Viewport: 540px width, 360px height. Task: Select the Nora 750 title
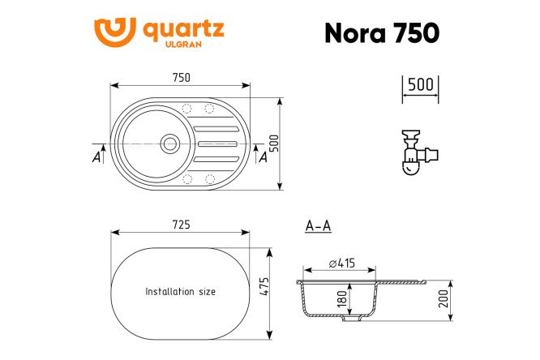click(x=381, y=32)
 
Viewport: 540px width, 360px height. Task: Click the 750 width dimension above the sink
click(x=181, y=78)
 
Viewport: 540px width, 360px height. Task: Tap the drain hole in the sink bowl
click(x=169, y=144)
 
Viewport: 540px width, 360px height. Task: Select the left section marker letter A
click(x=96, y=156)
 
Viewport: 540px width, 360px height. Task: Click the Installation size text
click(x=180, y=291)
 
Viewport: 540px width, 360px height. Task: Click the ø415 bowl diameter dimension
click(x=342, y=262)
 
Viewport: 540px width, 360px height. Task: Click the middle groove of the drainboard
click(x=218, y=144)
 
